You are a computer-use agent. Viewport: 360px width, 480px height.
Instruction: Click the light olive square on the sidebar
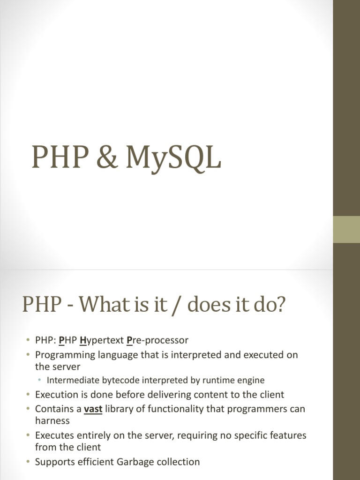pyautogui.click(x=346, y=230)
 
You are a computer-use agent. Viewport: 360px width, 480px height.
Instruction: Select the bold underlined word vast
pyautogui.click(x=93, y=409)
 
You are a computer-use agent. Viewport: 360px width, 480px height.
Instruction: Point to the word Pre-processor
pyautogui.click(x=157, y=340)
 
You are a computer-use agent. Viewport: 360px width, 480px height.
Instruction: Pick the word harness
pyautogui.click(x=52, y=420)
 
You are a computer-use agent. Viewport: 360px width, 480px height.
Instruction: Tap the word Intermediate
pyautogui.click(x=71, y=380)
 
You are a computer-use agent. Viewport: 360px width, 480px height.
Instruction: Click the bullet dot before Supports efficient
pyautogui.click(x=28, y=462)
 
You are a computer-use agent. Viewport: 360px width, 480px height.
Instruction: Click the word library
pyautogui.click(x=122, y=409)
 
